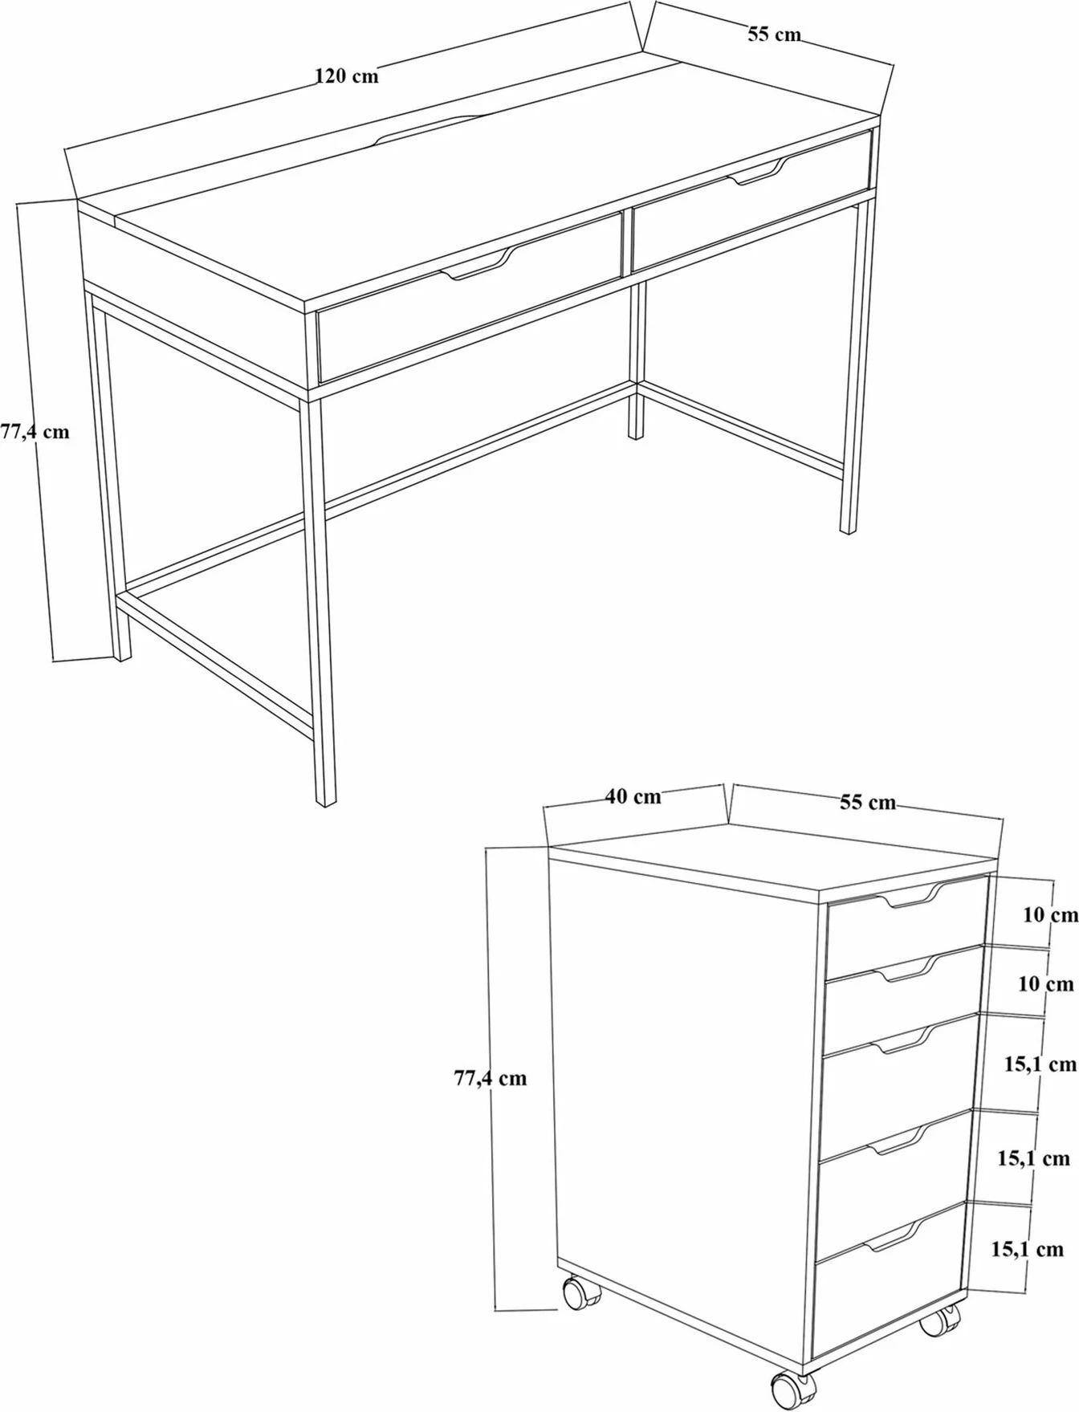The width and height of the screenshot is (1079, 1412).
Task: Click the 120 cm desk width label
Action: tap(346, 76)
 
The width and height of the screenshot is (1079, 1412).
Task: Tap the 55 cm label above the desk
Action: tap(774, 35)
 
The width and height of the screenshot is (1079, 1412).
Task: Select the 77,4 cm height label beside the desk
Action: tap(35, 432)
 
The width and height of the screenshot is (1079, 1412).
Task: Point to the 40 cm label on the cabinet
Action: tap(633, 796)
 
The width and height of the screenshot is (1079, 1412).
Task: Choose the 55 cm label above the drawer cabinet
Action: tap(868, 802)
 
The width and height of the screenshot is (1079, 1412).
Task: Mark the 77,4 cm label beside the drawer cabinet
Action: tap(491, 1078)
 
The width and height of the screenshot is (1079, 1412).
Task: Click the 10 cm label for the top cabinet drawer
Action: tap(1050, 914)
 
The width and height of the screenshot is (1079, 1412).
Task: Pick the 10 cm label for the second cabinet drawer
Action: tap(1046, 983)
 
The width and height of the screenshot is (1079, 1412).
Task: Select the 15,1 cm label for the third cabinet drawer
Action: tap(1040, 1064)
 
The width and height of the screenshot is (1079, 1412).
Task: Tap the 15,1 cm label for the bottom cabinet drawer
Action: tap(1027, 1249)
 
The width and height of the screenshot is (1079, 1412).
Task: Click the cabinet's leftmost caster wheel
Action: tap(577, 1293)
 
